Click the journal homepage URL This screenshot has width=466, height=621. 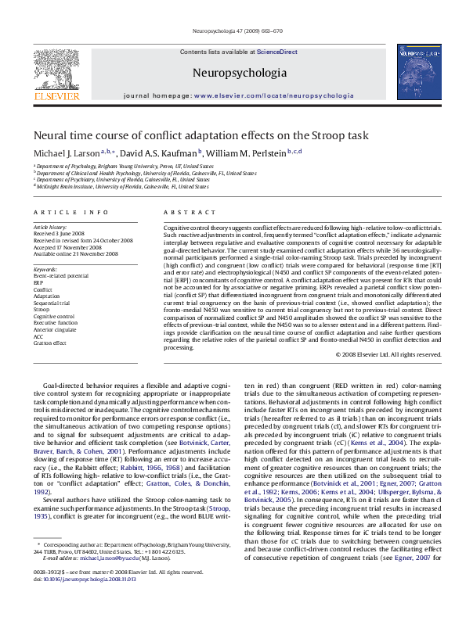pos(273,95)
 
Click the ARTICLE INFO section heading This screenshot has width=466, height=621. pos(71,213)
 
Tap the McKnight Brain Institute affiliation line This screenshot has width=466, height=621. pos(121,187)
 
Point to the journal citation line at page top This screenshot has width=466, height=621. pos(233,31)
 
